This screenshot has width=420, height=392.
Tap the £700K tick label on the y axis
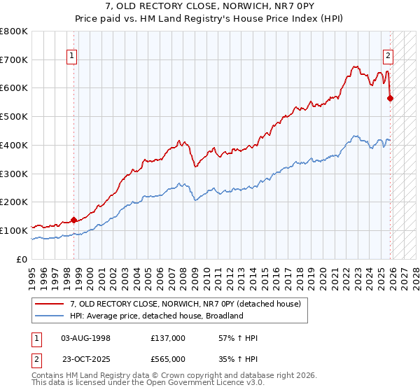[14, 59]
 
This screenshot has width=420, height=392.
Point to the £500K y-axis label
[14, 116]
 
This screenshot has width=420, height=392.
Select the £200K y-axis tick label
[14, 202]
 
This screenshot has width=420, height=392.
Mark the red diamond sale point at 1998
[73, 220]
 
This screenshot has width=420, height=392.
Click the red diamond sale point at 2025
[389, 98]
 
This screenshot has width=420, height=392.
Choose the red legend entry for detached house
[185, 304]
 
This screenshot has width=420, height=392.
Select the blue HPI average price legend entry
[155, 316]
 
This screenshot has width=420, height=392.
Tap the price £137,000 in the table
[167, 338]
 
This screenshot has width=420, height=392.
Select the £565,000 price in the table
[167, 358]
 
